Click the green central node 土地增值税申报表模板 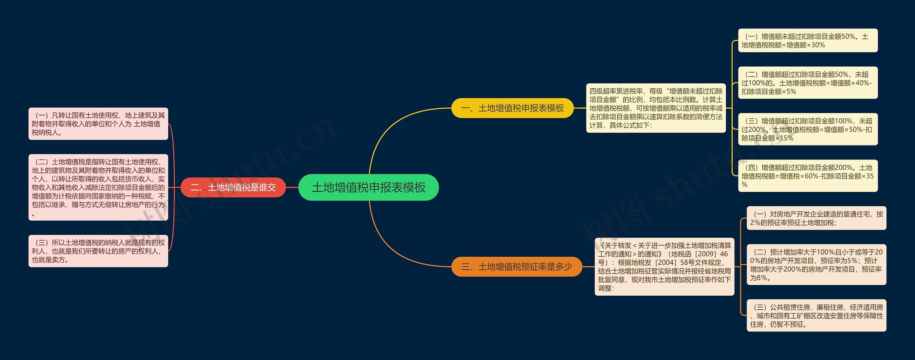pos(368,187)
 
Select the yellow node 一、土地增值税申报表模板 pos(512,108)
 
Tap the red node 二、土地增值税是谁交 pos(233,187)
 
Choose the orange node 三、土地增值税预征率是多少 pos(516,267)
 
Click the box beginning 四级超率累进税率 pos(656,108)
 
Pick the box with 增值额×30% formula pos(808,40)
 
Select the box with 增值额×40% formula pos(808,83)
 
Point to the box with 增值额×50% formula pos(808,129)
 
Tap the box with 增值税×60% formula pos(808,176)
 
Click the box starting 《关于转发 pos(664,267)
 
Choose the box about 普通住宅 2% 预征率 pos(816,218)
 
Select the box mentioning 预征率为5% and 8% pos(816,265)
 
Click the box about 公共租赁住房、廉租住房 pos(816,315)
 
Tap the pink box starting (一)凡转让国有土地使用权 pos(98,124)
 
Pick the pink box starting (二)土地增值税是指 pos(98,187)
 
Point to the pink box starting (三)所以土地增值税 pos(98,251)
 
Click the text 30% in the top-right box pos(818,45)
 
